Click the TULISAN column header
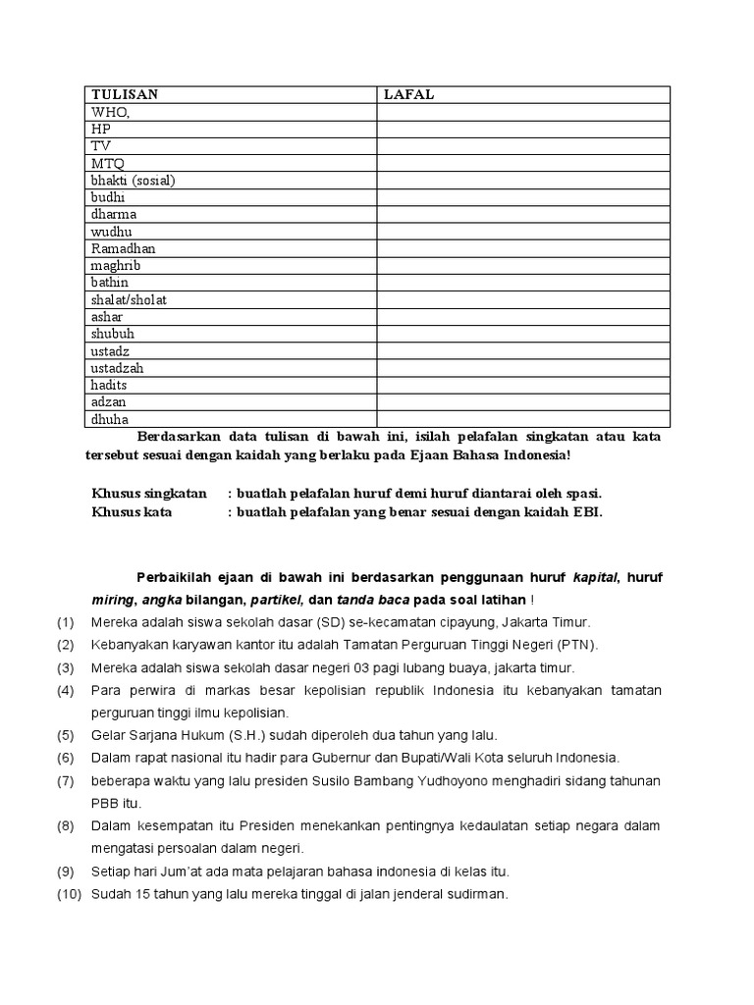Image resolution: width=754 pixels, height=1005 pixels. [x=125, y=94]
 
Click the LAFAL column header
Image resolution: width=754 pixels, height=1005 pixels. [x=408, y=94]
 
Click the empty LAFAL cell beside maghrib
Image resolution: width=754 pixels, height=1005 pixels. [x=523, y=265]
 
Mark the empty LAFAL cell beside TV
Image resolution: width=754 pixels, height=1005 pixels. [x=523, y=146]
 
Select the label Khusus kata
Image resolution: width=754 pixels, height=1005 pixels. [x=131, y=511]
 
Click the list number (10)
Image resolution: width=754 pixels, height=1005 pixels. [x=66, y=894]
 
